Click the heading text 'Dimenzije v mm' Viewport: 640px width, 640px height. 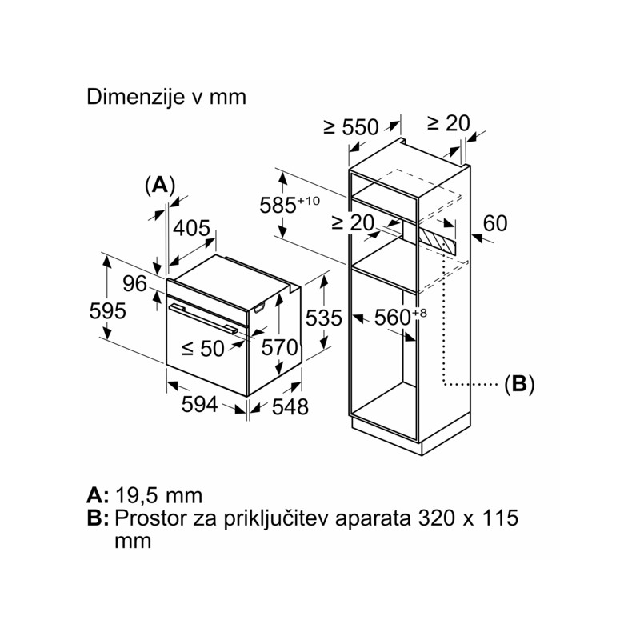(166, 98)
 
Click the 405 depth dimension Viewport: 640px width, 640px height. (191, 228)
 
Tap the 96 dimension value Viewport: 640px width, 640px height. (134, 284)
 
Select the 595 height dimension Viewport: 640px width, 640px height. (108, 311)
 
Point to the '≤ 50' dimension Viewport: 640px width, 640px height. (203, 349)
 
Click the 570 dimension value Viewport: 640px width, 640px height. (279, 348)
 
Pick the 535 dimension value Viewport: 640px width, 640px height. (324, 318)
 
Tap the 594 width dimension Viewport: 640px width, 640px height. (199, 405)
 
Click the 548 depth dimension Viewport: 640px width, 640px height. (290, 406)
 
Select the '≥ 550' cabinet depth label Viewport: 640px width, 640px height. (351, 127)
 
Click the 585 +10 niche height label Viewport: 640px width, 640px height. (290, 204)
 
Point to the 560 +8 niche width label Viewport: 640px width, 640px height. (401, 317)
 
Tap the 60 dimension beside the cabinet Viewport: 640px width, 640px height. (495, 223)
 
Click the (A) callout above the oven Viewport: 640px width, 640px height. (160, 186)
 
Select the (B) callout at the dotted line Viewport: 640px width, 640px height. (519, 385)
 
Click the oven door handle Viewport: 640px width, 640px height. (203, 318)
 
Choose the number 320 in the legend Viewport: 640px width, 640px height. (436, 518)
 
